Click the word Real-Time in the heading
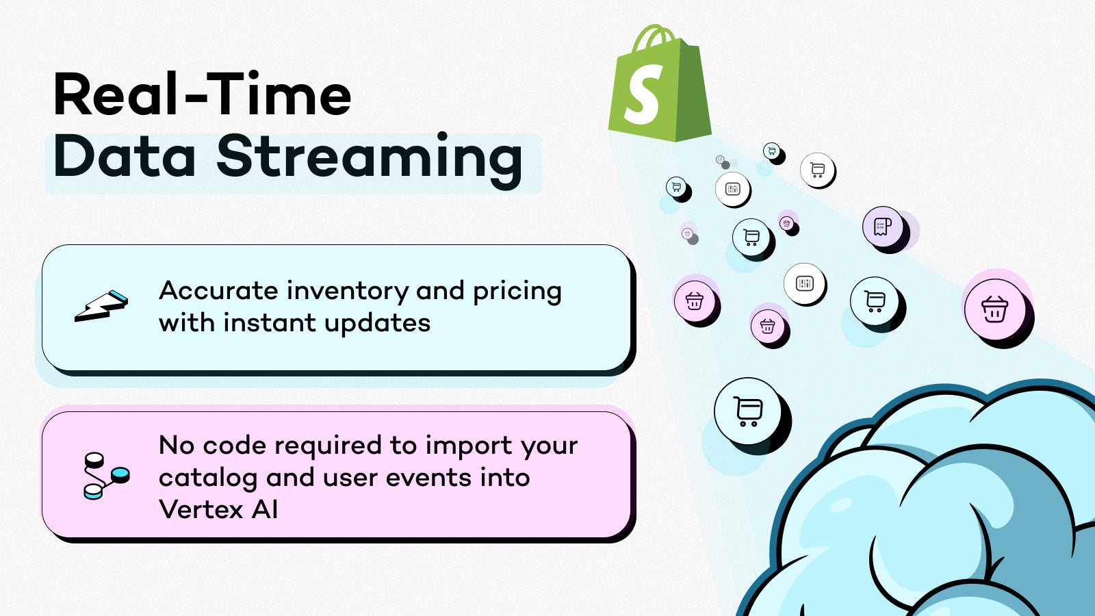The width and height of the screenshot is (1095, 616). coord(203,95)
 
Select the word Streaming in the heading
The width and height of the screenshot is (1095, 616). coord(370,157)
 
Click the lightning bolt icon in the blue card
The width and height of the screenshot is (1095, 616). coord(101,307)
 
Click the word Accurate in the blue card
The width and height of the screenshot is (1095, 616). coord(218,291)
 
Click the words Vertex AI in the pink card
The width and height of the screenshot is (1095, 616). coord(218,510)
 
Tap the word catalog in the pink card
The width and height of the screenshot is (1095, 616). coord(208,478)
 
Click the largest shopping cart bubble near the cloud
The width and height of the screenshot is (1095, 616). coord(747,411)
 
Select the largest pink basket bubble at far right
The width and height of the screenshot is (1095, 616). coord(994,310)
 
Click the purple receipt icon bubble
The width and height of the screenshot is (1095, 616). coord(882,226)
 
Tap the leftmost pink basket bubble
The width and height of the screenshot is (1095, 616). coord(694,300)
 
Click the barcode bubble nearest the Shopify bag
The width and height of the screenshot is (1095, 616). coord(732,189)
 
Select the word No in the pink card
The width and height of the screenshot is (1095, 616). coord(177,446)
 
